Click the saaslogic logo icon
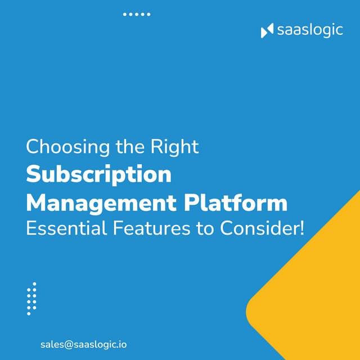coord(267,30)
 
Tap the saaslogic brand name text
coord(309,30)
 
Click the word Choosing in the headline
coord(61,147)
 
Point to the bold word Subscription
coord(98,174)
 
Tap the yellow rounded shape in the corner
coord(315,292)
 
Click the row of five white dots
coord(137,14)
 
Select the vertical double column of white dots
coord(31,298)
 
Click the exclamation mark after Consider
coord(300,228)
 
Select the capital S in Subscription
coord(34,174)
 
